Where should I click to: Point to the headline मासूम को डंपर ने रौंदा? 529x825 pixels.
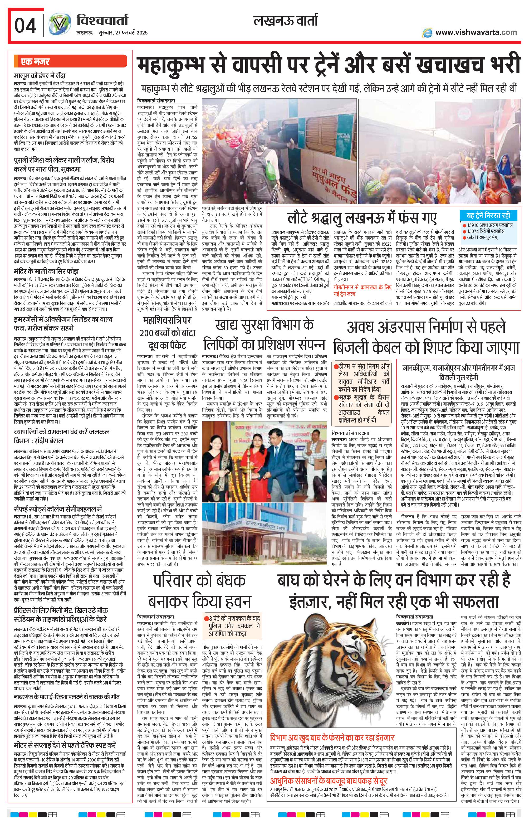click(40, 76)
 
